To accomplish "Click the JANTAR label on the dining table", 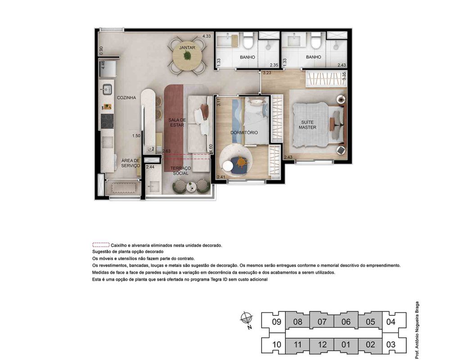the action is [x=187, y=48].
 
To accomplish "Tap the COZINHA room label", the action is [x=126, y=98].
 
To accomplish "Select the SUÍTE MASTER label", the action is [x=307, y=125].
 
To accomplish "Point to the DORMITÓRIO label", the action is [x=244, y=133].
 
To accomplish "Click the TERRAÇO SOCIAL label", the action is [x=180, y=171].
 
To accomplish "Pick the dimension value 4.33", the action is [x=207, y=36].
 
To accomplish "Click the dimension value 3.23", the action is [x=267, y=73].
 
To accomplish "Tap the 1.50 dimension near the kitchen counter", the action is [x=136, y=136].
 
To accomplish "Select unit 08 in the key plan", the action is [x=297, y=322].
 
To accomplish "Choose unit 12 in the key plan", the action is [x=322, y=344].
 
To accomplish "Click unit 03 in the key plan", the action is [x=391, y=344].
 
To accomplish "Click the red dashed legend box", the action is [x=101, y=245].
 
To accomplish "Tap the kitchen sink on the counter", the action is [x=108, y=89].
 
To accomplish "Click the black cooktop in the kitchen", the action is [x=108, y=121].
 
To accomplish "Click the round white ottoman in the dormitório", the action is [x=229, y=166].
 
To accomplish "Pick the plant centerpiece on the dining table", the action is [x=187, y=55].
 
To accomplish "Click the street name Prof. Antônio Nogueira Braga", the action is [x=417, y=328].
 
